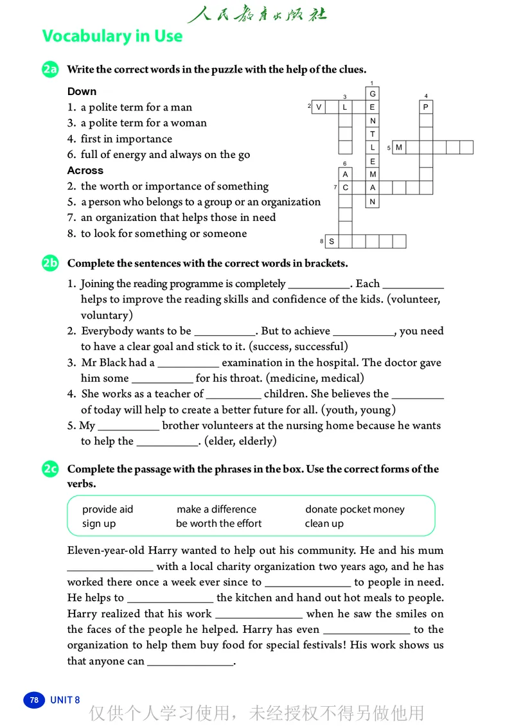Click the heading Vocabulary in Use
(x=112, y=37)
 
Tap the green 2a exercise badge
(x=50, y=69)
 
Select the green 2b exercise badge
(x=50, y=263)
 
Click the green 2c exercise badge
(x=50, y=470)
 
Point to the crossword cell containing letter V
(x=319, y=107)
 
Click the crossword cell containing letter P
(x=426, y=107)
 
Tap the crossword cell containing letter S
(x=332, y=242)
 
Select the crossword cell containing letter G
(x=373, y=94)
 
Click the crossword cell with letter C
(x=346, y=188)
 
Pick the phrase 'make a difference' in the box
(x=217, y=509)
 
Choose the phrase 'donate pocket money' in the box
(x=355, y=509)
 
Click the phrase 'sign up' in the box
(x=99, y=524)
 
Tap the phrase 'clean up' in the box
(x=324, y=524)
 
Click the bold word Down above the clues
(x=82, y=91)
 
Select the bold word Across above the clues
(x=85, y=170)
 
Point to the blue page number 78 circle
(x=34, y=700)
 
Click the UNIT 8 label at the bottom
(x=65, y=700)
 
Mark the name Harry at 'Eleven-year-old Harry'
(x=163, y=551)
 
